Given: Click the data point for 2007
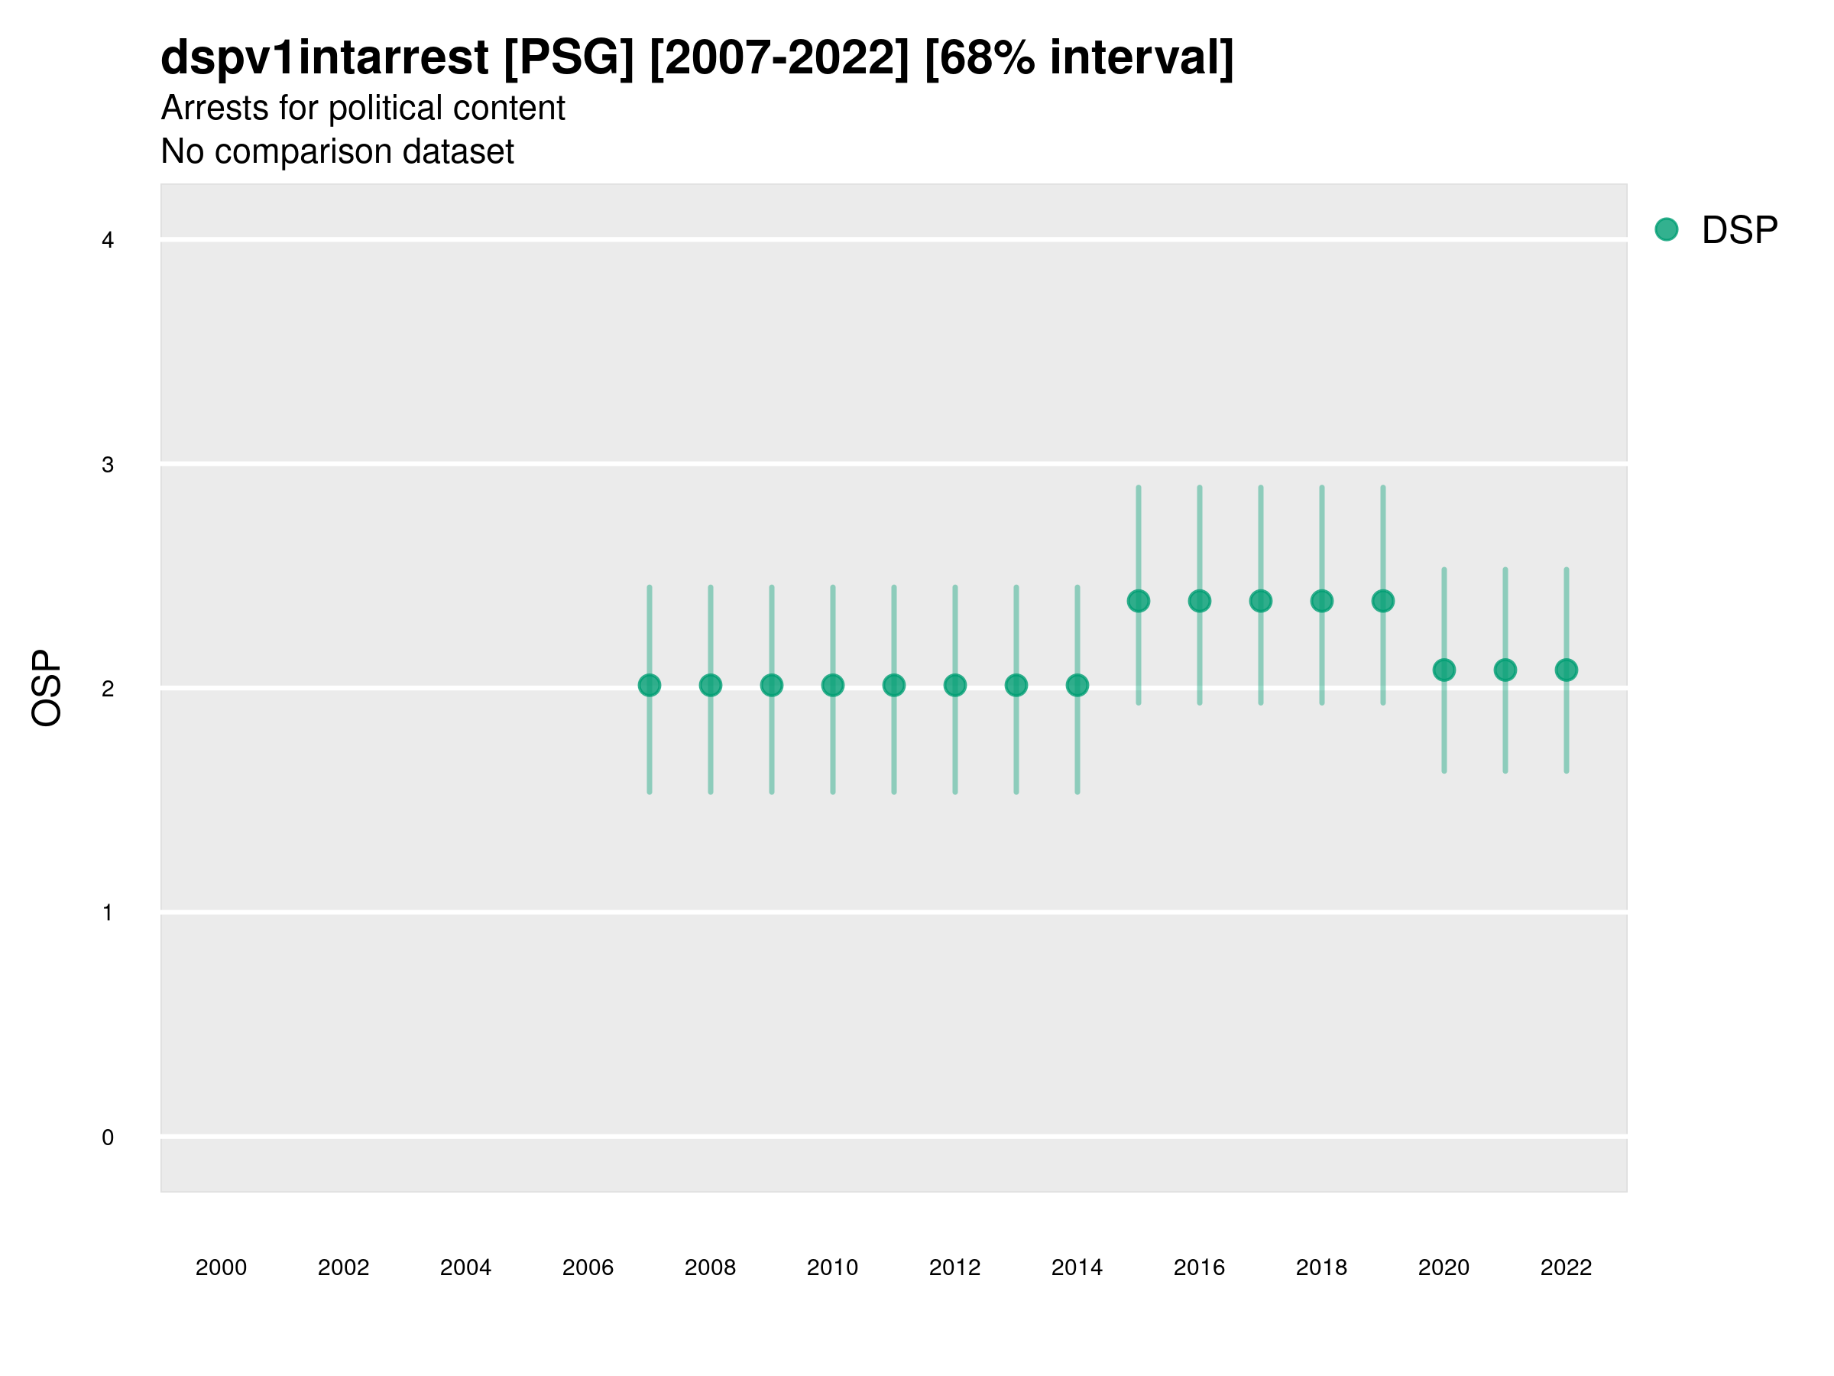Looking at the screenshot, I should (x=650, y=685).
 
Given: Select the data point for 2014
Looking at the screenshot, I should (x=1077, y=685).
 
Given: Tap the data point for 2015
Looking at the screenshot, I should (x=1139, y=601).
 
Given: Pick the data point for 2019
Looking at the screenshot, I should (x=1383, y=601).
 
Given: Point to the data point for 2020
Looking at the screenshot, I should (x=1444, y=670).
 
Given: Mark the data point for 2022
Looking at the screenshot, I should (x=1567, y=670).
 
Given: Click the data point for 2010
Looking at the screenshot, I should (x=832, y=685).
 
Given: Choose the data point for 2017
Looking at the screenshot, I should (x=1260, y=601).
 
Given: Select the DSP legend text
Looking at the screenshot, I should (x=1739, y=231).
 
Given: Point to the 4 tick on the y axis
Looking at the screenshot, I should (x=108, y=241).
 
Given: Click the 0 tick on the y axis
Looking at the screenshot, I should (x=108, y=1137).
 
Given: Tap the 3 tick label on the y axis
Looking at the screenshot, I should (x=108, y=465).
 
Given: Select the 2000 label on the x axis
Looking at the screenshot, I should (x=222, y=1267).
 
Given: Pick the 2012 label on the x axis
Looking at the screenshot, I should (x=954, y=1267).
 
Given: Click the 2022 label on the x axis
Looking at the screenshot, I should (x=1567, y=1267).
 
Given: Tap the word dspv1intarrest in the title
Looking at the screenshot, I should (x=324, y=57).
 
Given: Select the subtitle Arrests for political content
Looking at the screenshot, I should (x=362, y=108).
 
